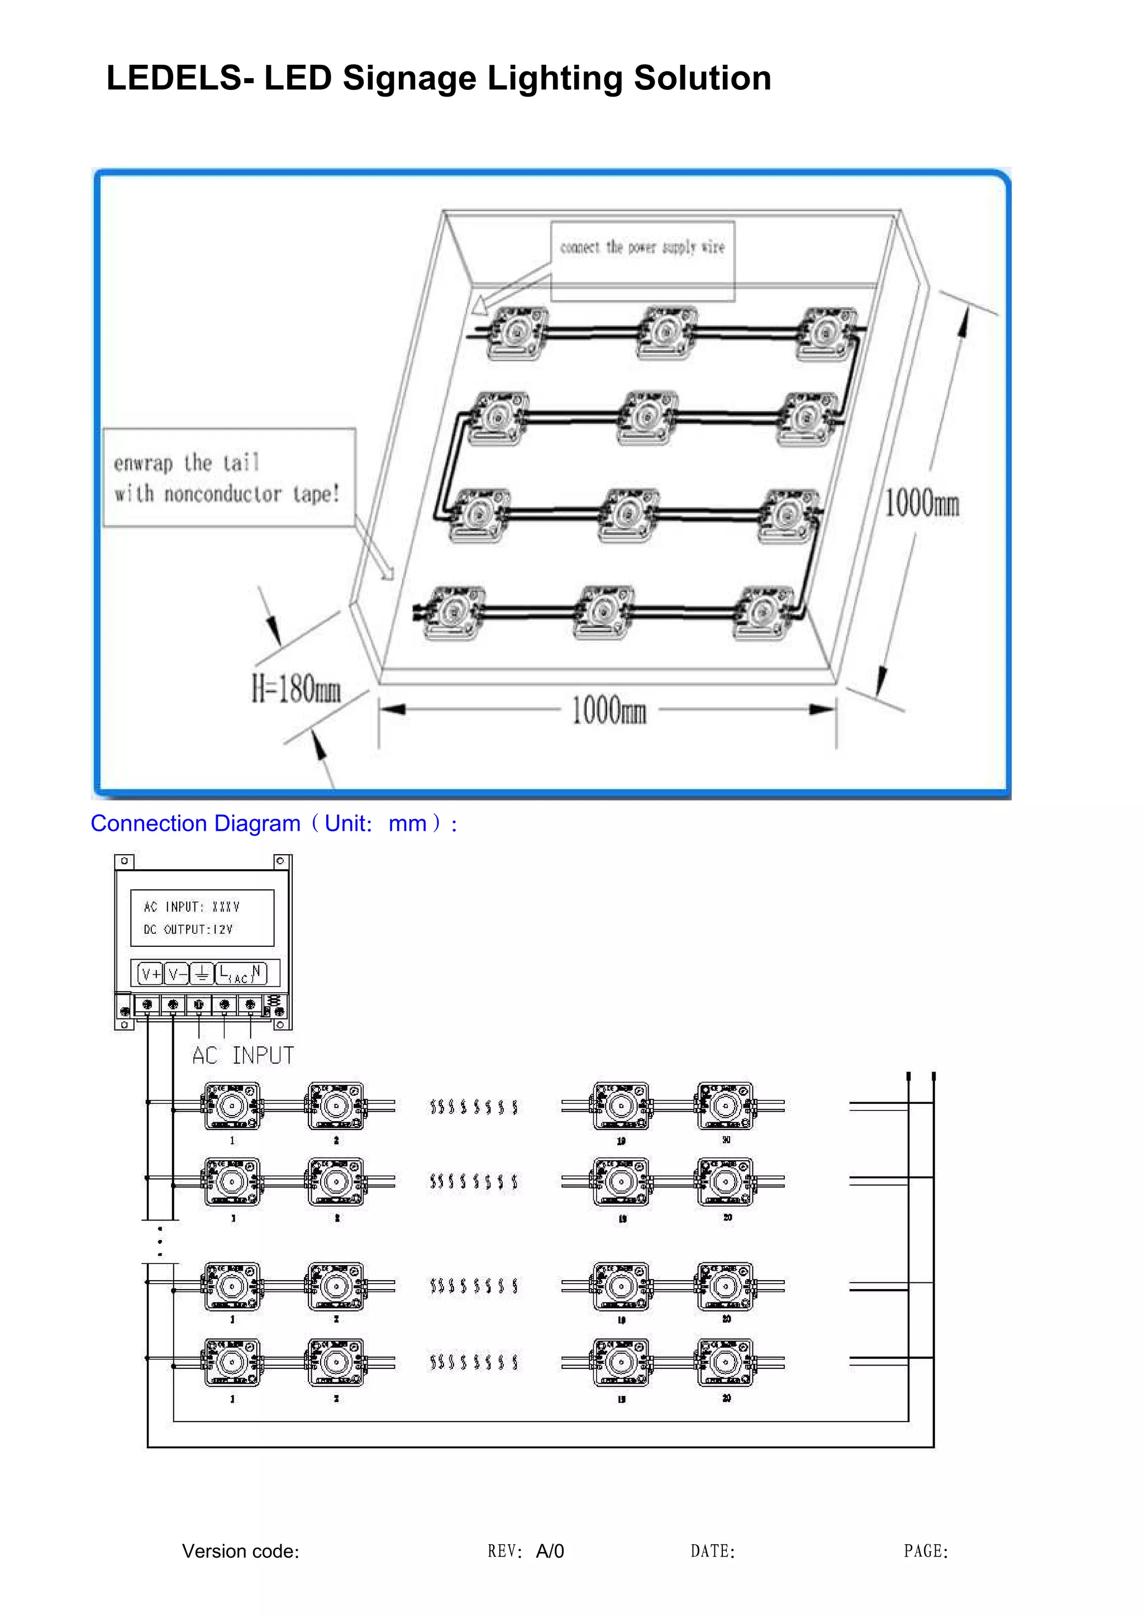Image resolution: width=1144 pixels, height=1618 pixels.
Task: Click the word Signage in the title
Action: (409, 79)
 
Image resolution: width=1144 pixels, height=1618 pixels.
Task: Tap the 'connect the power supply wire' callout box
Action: (642, 247)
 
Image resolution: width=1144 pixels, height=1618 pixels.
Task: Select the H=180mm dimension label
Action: (296, 688)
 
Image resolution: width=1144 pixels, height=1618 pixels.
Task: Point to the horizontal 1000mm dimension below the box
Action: (608, 710)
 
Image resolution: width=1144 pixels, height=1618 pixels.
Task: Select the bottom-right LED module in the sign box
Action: (764, 612)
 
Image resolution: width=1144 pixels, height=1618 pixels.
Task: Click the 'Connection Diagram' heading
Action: (196, 823)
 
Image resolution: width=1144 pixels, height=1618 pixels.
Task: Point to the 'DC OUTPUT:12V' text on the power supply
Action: (188, 930)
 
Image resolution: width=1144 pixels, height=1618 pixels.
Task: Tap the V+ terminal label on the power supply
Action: (151, 975)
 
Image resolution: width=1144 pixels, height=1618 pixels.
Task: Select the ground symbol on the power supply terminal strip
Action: (202, 975)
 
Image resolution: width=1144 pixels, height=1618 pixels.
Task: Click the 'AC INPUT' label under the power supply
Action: (242, 1056)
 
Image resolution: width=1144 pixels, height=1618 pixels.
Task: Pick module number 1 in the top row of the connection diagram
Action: (232, 1107)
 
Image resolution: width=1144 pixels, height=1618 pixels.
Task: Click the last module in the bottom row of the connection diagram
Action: (725, 1363)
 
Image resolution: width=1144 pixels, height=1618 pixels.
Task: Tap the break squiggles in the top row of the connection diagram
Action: (474, 1107)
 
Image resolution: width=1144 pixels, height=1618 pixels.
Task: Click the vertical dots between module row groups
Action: (160, 1242)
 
